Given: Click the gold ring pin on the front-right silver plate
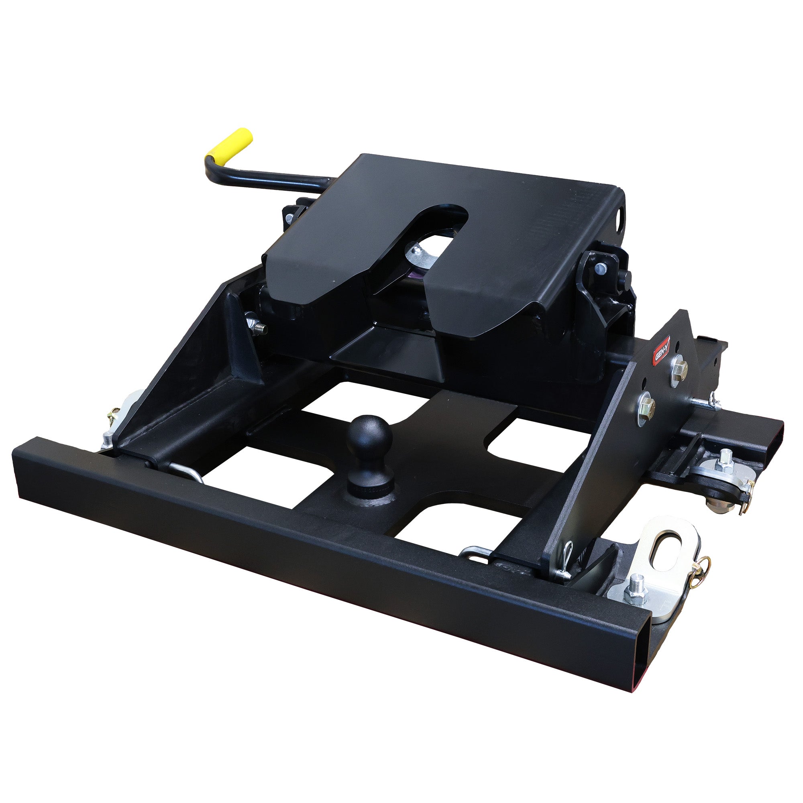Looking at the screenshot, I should pos(699,566).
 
